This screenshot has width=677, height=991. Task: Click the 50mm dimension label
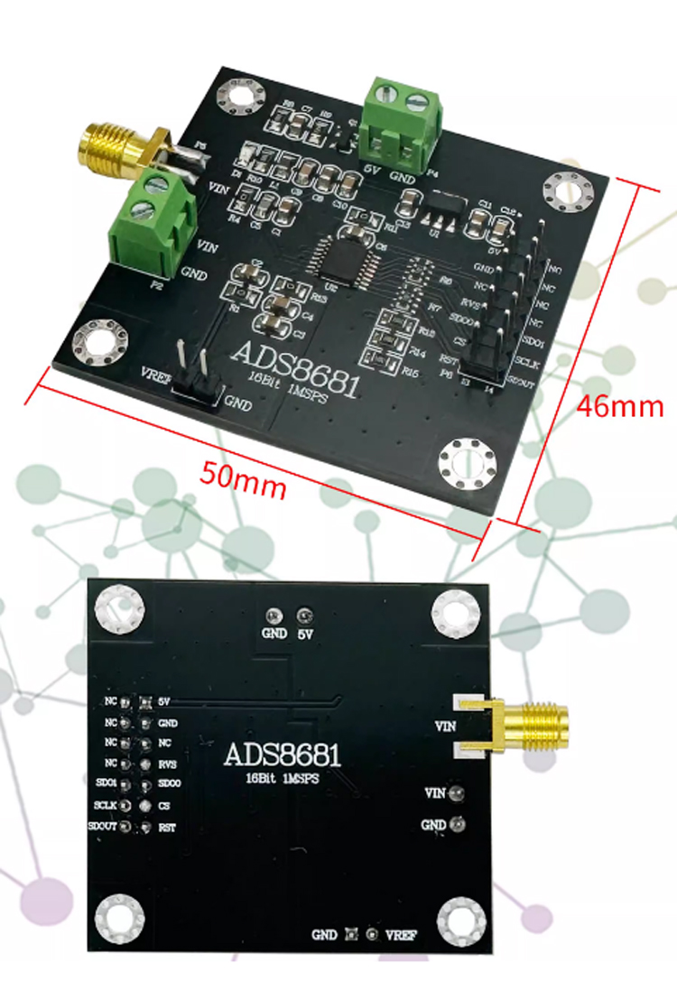(x=243, y=478)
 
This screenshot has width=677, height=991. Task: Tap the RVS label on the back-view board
(x=167, y=763)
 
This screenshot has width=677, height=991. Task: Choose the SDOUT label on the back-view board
(x=102, y=827)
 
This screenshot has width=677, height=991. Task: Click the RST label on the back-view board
(x=166, y=827)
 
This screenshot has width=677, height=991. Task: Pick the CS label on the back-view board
(x=163, y=804)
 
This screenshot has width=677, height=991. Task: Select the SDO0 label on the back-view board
(x=169, y=783)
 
